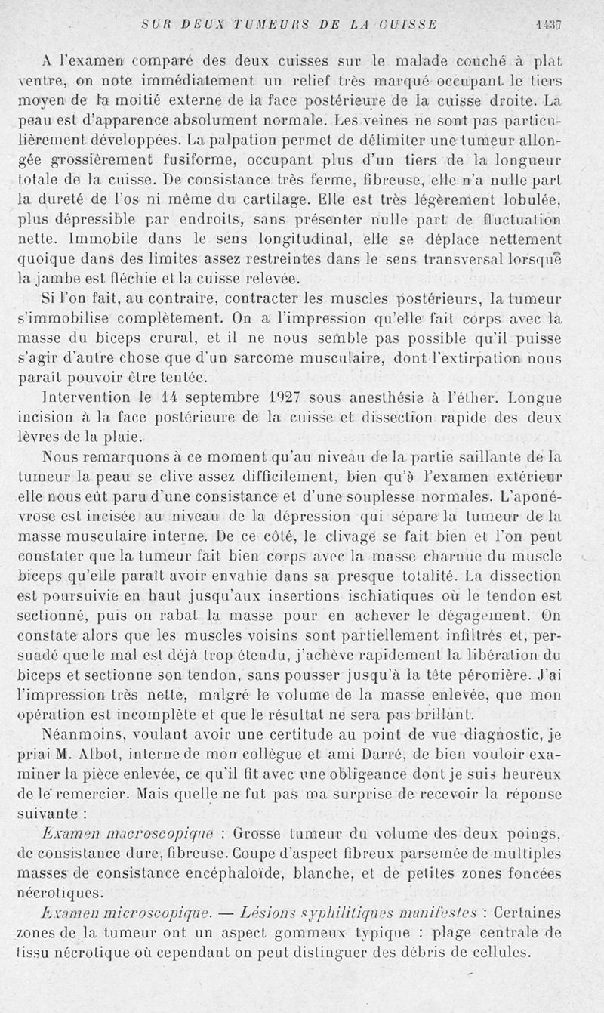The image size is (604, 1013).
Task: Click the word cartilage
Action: coord(260,200)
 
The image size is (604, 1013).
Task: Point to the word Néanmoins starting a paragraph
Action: coord(80,732)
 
